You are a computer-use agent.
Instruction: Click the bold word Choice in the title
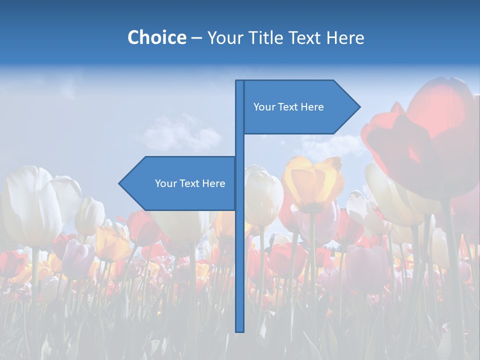156,37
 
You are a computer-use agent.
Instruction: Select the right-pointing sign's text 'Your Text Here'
288,107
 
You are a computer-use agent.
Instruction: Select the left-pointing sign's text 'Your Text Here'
190,183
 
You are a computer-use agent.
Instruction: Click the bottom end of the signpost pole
240,330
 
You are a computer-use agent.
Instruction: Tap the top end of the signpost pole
240,81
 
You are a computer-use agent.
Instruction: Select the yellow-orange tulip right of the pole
312,182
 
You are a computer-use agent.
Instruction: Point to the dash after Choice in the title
196,38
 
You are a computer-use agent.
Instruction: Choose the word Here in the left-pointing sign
213,183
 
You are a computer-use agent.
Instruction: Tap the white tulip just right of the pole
262,195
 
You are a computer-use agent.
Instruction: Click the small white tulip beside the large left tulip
90,215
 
